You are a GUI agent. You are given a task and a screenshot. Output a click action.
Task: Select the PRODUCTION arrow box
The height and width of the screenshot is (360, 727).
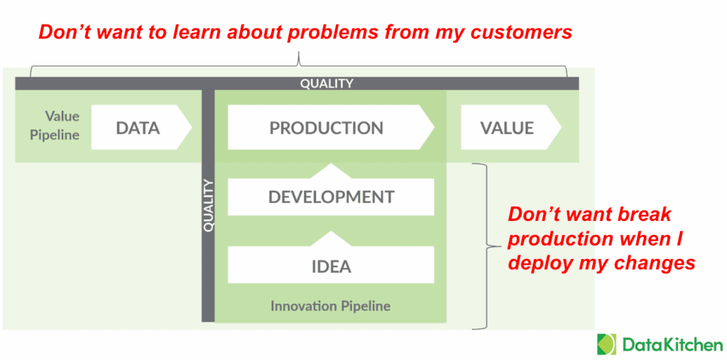click(x=327, y=129)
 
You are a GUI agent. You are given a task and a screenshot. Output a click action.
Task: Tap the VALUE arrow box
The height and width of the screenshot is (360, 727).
click(x=507, y=129)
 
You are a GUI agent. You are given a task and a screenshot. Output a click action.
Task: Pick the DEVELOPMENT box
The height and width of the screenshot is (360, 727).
click(x=331, y=197)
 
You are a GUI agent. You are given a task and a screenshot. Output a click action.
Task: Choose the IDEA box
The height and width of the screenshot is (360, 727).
click(x=331, y=266)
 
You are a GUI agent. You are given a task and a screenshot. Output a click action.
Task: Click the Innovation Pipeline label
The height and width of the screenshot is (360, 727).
click(x=330, y=306)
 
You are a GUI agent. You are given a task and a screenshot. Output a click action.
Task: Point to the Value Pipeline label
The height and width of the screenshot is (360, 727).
click(x=55, y=125)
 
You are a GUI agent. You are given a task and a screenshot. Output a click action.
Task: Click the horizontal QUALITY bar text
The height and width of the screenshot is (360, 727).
click(x=327, y=84)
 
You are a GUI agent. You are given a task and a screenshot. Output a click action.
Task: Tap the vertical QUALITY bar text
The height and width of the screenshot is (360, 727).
click(x=208, y=206)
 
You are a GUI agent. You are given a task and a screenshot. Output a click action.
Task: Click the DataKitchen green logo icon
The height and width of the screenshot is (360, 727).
click(x=607, y=344)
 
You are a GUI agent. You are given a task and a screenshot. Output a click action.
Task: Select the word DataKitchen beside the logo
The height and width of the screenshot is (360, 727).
click(x=672, y=345)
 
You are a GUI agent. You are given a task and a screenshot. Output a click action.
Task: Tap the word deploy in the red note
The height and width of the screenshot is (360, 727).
click(x=537, y=263)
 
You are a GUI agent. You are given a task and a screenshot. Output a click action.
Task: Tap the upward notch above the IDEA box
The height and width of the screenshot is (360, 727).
click(x=331, y=236)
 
